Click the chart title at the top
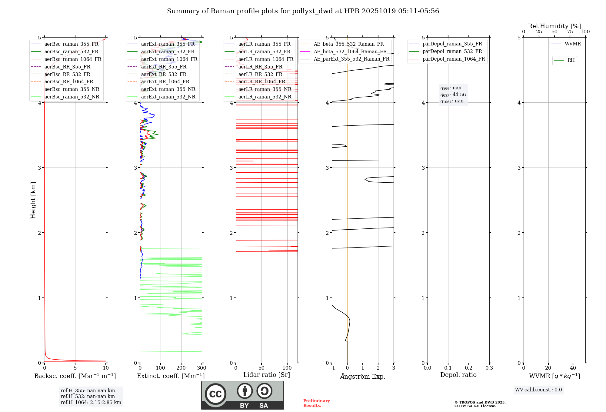click(303, 11)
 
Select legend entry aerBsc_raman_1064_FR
click(73, 59)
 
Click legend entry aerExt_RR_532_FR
click(164, 74)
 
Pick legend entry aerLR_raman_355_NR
click(265, 89)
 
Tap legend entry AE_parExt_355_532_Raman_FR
click(351, 59)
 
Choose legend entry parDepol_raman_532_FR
click(452, 51)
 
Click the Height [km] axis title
click(33, 200)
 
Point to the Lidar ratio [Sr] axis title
click(267, 375)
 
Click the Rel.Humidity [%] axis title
click(554, 26)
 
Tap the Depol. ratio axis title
click(458, 375)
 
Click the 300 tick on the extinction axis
click(201, 368)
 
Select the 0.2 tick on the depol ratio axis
click(469, 368)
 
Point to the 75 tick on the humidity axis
click(570, 32)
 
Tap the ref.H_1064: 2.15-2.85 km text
click(91, 403)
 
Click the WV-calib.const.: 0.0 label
click(538, 390)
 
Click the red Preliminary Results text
click(316, 403)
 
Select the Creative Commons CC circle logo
click(215, 394)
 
